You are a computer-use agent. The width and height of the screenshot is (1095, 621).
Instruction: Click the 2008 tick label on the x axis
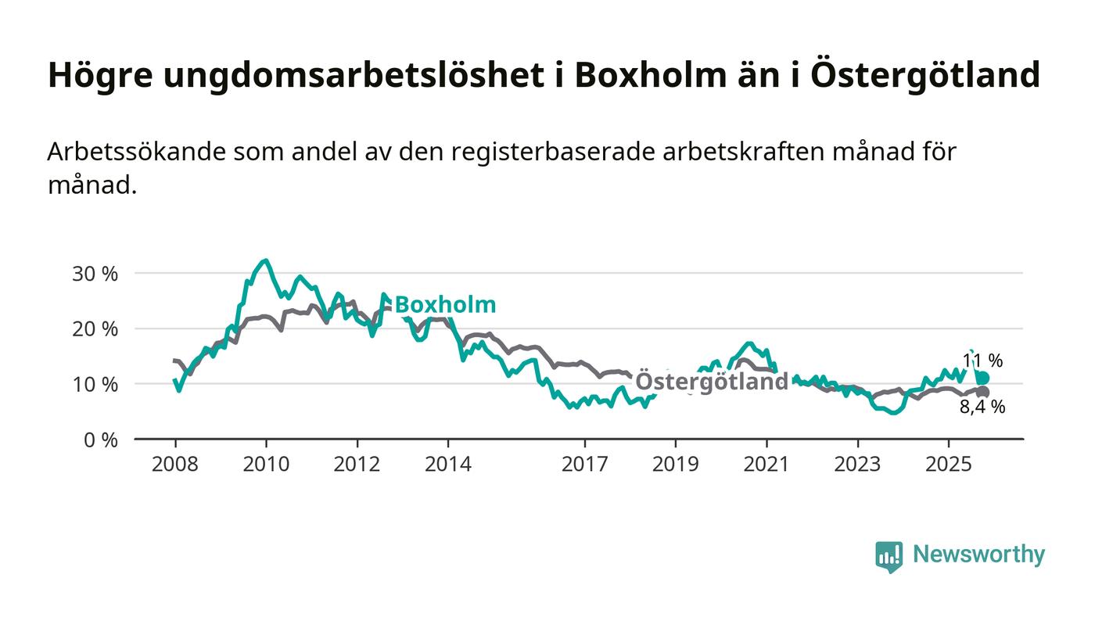[x=174, y=465]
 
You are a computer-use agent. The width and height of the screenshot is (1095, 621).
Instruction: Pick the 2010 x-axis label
[x=266, y=465]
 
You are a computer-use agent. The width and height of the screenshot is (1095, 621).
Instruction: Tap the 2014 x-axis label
[x=448, y=465]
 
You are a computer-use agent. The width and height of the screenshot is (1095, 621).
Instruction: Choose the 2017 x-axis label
[x=584, y=465]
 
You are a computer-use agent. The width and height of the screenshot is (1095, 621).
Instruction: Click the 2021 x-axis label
[x=766, y=465]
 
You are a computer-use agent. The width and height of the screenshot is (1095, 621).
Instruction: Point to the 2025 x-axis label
[x=948, y=465]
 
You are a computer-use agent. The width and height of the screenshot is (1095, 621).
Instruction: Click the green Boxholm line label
[x=445, y=305]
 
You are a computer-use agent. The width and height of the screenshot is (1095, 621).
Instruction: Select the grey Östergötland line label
[x=712, y=382]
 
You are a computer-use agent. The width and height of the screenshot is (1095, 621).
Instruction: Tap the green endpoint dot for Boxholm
[x=982, y=379]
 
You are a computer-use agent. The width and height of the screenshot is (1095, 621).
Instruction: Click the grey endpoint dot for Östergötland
[x=982, y=392]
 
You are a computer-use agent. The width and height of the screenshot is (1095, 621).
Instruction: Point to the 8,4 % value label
[x=982, y=407]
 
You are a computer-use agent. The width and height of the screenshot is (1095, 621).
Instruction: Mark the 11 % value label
[x=982, y=361]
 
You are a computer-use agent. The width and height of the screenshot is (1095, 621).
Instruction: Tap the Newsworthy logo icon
[x=889, y=556]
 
